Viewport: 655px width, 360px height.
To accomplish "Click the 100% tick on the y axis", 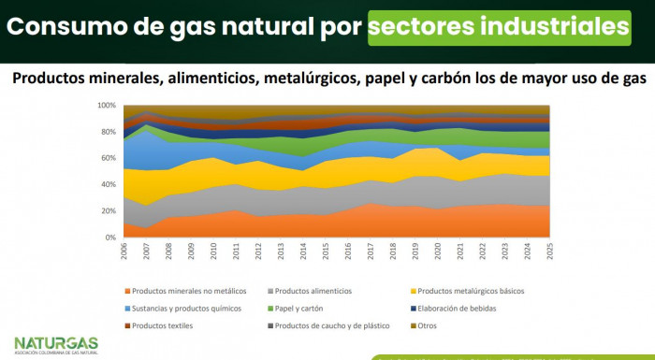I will pos(106,105).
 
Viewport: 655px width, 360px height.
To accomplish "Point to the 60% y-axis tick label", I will pos(108,158).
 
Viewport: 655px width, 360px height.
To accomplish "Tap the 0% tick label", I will pos(110,238).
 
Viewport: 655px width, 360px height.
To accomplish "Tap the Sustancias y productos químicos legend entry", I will pos(185,308).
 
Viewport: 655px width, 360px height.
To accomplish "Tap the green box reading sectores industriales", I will pos(498,27).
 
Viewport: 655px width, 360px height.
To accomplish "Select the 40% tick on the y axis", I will pos(108,184).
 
